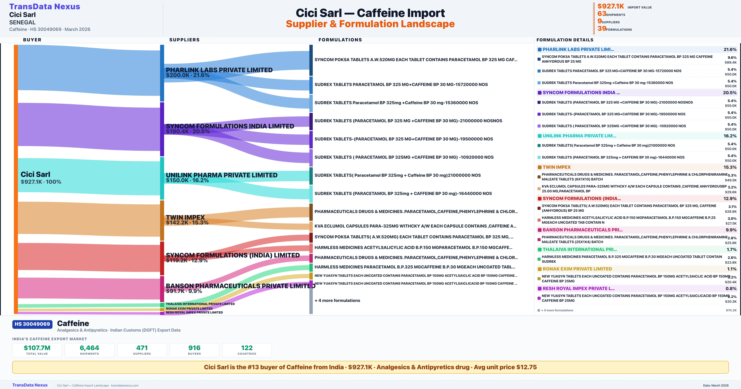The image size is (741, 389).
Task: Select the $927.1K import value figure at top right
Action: (x=610, y=6)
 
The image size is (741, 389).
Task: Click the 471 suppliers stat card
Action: (x=142, y=350)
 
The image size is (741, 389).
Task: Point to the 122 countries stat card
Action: (x=247, y=350)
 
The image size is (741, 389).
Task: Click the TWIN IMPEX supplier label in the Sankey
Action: (x=185, y=218)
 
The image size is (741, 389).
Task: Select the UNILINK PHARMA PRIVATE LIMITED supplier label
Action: (x=222, y=175)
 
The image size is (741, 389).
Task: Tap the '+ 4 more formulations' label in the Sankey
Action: (x=337, y=300)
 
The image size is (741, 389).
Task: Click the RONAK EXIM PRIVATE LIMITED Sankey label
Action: (x=189, y=308)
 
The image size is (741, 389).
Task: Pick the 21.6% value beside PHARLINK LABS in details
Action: (x=730, y=50)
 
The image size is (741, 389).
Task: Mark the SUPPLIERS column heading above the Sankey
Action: (x=184, y=40)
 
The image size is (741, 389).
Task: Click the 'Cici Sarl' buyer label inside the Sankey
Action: (x=35, y=174)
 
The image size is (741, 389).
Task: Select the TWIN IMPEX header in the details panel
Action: (x=557, y=167)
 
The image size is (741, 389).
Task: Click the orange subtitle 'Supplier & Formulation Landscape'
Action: (x=370, y=24)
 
